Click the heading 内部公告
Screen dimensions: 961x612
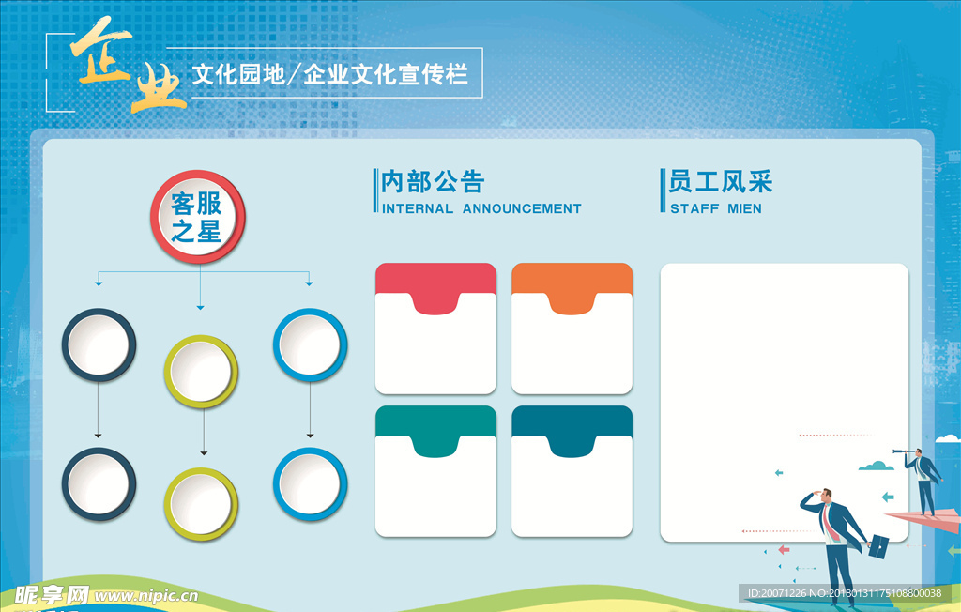tap(433, 182)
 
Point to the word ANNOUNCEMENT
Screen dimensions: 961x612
tap(522, 209)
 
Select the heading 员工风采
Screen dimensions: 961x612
tap(721, 181)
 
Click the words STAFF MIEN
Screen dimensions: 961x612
tap(716, 209)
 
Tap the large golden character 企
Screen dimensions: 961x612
tap(101, 53)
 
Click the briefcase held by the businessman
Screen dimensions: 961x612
tap(878, 546)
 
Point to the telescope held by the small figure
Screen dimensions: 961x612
tap(904, 451)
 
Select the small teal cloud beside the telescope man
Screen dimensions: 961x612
tap(876, 467)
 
